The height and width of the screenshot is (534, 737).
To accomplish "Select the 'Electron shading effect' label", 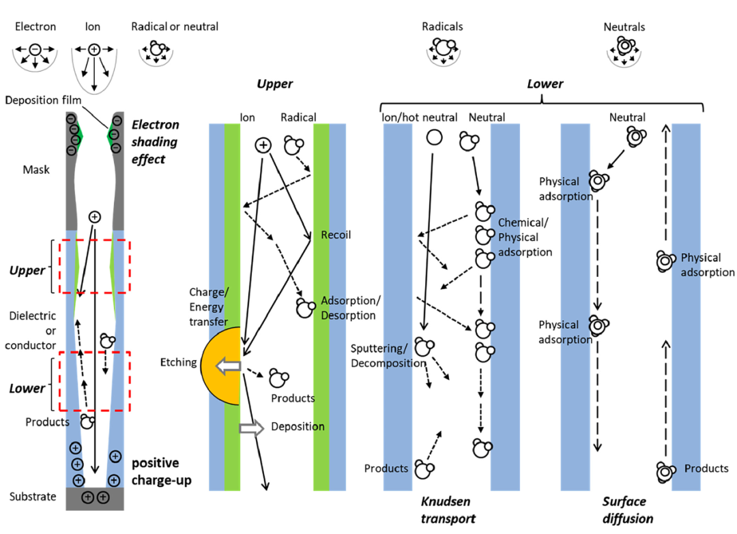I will [155, 142].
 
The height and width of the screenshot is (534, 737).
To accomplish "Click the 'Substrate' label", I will [33, 496].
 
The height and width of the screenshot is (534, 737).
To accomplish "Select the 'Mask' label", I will [36, 169].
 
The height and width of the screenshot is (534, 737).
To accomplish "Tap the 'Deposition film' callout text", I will [43, 100].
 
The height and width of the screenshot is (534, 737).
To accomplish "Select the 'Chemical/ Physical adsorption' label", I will [524, 237].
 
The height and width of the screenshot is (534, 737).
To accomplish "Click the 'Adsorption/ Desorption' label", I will [348, 308].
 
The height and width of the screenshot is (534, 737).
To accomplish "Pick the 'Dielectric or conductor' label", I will [31, 331].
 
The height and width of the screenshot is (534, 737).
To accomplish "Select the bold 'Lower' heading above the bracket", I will [545, 84].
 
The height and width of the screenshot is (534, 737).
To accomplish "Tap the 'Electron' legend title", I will [35, 27].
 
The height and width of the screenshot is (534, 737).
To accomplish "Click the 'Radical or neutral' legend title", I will [175, 27].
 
